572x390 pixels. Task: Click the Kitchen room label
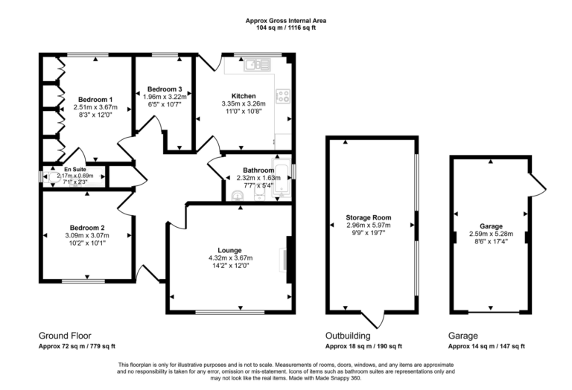click(244, 96)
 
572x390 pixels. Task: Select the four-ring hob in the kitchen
click(284, 95)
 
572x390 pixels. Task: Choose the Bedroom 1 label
click(95, 100)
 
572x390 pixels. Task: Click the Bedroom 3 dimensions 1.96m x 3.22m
click(165, 97)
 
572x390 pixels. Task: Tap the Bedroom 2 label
click(87, 227)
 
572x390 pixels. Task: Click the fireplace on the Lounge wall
click(288, 258)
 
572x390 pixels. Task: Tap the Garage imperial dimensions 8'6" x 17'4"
click(491, 241)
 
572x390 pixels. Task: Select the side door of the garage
click(538, 180)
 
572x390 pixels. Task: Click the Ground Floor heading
click(65, 336)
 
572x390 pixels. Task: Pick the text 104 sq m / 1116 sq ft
click(286, 27)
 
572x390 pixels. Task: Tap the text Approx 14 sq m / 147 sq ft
click(486, 346)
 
